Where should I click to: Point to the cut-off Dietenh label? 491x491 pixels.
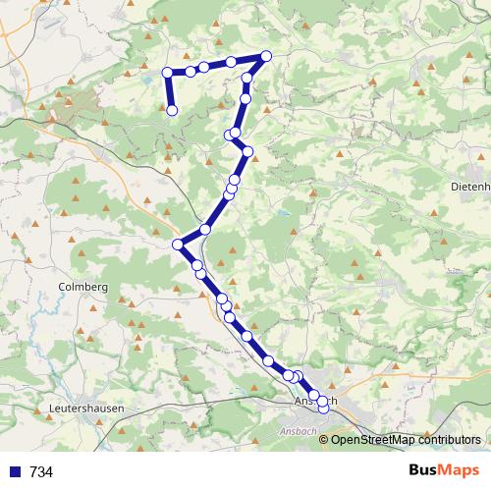click(468, 186)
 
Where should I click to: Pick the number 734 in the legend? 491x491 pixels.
click(41, 472)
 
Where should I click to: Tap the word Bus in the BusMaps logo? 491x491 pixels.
click(425, 471)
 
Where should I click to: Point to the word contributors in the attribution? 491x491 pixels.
click(445, 440)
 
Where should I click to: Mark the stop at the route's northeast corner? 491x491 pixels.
click(266, 55)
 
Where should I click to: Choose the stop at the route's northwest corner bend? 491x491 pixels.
click(168, 72)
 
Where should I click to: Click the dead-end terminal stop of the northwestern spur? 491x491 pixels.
click(172, 110)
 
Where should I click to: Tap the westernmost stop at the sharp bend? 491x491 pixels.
click(178, 244)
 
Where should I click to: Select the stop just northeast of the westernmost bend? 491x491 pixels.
click(205, 229)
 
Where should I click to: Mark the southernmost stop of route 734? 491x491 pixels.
click(323, 409)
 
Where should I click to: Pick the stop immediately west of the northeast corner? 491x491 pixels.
click(232, 62)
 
